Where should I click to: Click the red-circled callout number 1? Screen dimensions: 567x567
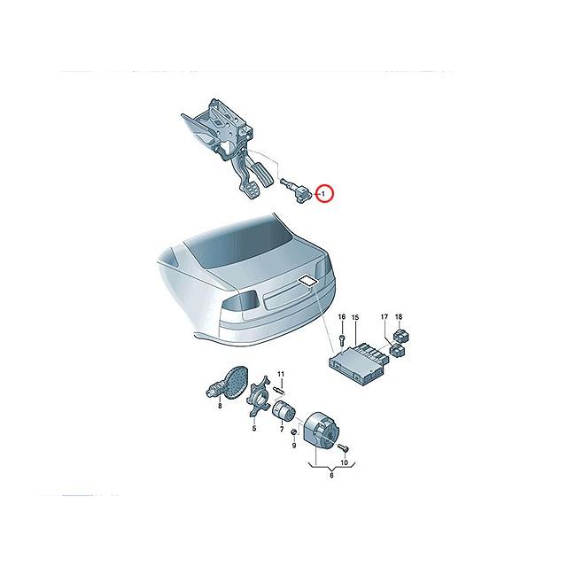click(324, 191)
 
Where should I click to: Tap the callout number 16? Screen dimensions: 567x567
click(340, 317)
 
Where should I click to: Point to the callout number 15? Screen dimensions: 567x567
click(355, 317)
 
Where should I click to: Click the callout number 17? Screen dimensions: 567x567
click(384, 317)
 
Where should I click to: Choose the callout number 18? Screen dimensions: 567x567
click(399, 317)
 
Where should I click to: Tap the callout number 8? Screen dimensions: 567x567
click(220, 405)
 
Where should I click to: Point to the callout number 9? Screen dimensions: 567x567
click(295, 445)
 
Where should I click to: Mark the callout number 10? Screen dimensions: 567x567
click(346, 462)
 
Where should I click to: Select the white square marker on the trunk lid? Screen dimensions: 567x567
click(307, 283)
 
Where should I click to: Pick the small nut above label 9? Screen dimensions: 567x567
click(295, 431)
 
